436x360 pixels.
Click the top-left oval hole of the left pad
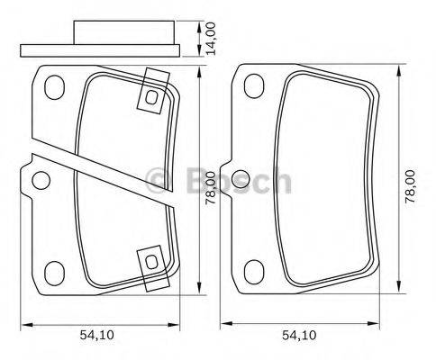click(55, 88)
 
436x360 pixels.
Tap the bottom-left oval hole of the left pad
click(55, 269)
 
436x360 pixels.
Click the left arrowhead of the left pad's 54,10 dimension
click(25, 323)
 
